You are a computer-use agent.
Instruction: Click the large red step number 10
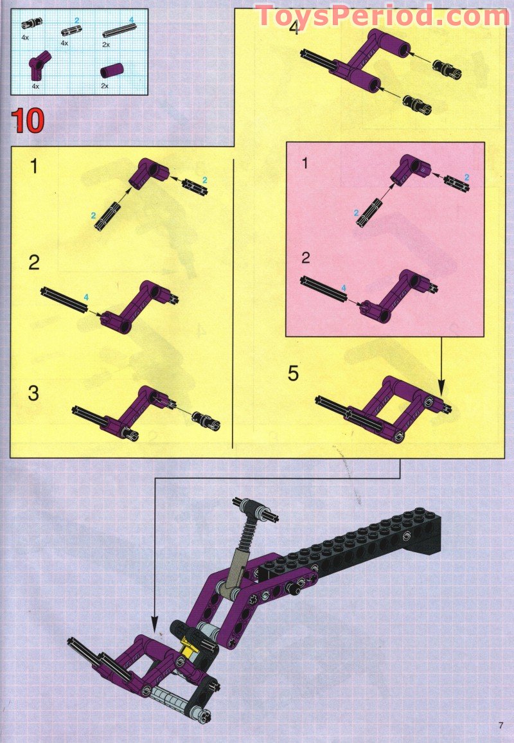27,121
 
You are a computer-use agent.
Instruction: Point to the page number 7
501,726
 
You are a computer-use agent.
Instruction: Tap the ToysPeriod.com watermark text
382,16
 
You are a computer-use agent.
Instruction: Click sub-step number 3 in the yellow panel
33,393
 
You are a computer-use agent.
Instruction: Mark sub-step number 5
293,373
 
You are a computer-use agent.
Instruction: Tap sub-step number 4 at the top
294,29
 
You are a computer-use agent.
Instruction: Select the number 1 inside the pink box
305,164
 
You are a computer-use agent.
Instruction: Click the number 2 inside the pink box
306,258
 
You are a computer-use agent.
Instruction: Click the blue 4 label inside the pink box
343,287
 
